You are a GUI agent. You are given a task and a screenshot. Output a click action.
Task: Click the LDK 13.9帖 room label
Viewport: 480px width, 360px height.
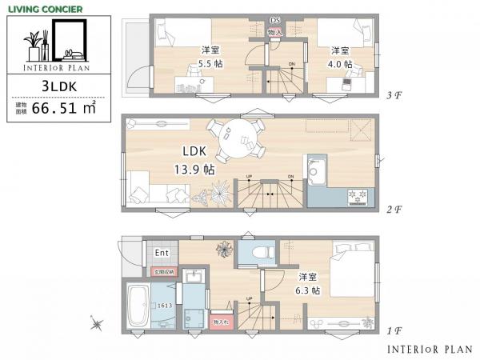[x=198, y=160]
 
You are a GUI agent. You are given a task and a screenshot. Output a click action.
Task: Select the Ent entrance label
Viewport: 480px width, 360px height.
[x=161, y=254]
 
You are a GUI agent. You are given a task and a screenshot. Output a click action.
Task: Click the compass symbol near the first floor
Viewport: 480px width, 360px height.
[x=97, y=324]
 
